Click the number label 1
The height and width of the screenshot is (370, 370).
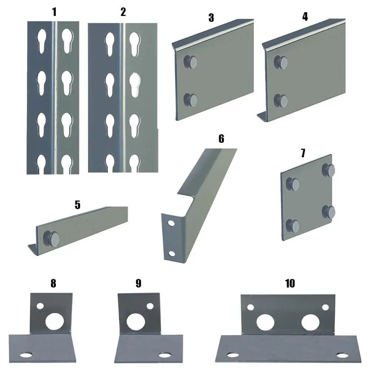54,12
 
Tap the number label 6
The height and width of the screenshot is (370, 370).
221,139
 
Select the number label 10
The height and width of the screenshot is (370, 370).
290,283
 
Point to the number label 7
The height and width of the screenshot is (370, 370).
303,153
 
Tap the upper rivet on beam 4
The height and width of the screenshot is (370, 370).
281,62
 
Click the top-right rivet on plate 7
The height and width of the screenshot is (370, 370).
329,170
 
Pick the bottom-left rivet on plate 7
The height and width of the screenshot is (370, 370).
293,225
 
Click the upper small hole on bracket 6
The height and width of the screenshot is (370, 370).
171,224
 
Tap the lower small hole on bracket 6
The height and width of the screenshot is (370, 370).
171,253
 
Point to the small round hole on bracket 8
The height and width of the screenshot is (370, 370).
40,307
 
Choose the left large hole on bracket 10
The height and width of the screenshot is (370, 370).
265,322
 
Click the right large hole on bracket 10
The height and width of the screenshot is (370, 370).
310,322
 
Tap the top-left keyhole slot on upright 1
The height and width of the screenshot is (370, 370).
41,39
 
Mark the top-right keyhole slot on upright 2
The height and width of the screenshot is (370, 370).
135,43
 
